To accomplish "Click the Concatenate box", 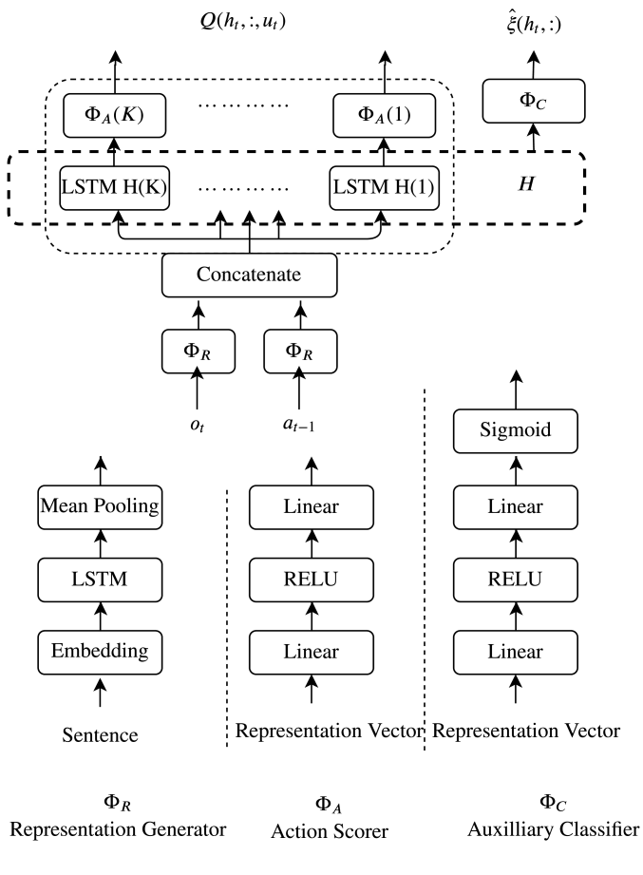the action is pos(249,276).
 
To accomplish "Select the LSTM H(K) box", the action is pos(114,188).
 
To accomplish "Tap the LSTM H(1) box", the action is pos(385,188).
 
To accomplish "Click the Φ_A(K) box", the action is pos(114,116).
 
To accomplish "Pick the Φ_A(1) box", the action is pos(385,116).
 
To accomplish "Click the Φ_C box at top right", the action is pos(534,101).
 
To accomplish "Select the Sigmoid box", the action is pos(516,430).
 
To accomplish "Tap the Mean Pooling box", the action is pos(100,507).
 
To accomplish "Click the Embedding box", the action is pos(100,653).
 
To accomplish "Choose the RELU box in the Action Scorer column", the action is pos(312,580).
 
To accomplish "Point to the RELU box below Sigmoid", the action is pos(516,580).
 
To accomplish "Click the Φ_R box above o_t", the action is pos(198,351).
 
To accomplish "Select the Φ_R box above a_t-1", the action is pos(300,351).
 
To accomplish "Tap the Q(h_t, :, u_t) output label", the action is pos(243,21).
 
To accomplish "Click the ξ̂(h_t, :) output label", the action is pos(534,24).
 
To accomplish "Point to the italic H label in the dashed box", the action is pos(526,183).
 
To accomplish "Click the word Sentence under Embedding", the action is pos(100,735).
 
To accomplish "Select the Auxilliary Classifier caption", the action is pos(553,829).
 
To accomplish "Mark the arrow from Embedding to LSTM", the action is pos(101,616).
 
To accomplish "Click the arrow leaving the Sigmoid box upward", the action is pos(517,390).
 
